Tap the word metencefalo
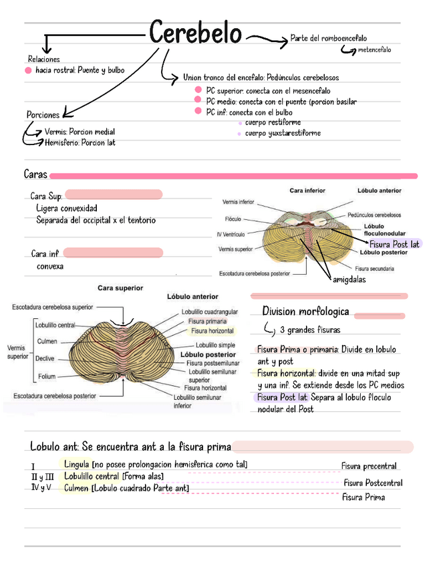(374, 50)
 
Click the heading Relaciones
(43, 60)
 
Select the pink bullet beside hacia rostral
(28, 70)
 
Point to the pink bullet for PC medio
(198, 101)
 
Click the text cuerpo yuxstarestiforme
(282, 133)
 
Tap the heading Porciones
(43, 115)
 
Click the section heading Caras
(35, 175)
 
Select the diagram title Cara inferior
(307, 191)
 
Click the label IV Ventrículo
(231, 234)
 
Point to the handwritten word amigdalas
(349, 280)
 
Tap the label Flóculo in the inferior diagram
(233, 219)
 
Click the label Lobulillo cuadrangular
(209, 312)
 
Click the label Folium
(47, 376)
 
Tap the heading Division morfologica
(305, 312)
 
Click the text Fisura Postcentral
(373, 483)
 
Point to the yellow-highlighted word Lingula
(78, 464)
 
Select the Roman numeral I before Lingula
(33, 466)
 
